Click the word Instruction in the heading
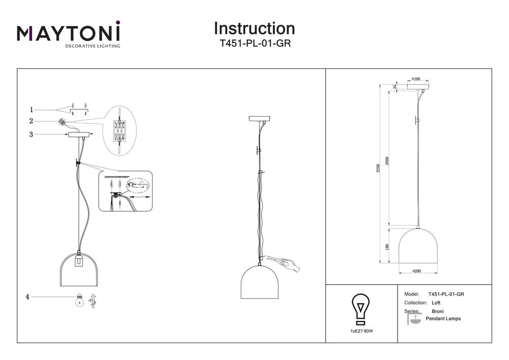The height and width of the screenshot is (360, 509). point(254,28)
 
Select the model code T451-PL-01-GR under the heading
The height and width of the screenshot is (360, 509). point(254,44)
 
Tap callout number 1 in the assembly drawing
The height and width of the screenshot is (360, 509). point(32,109)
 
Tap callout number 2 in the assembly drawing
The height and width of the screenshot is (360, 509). point(32,121)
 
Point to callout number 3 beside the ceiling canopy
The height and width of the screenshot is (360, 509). point(32,134)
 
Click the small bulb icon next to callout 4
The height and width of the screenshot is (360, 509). point(79,300)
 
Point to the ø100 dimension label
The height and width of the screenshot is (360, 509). point(415,79)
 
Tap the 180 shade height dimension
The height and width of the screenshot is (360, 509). point(387,247)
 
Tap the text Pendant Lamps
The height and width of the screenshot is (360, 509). point(443,319)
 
